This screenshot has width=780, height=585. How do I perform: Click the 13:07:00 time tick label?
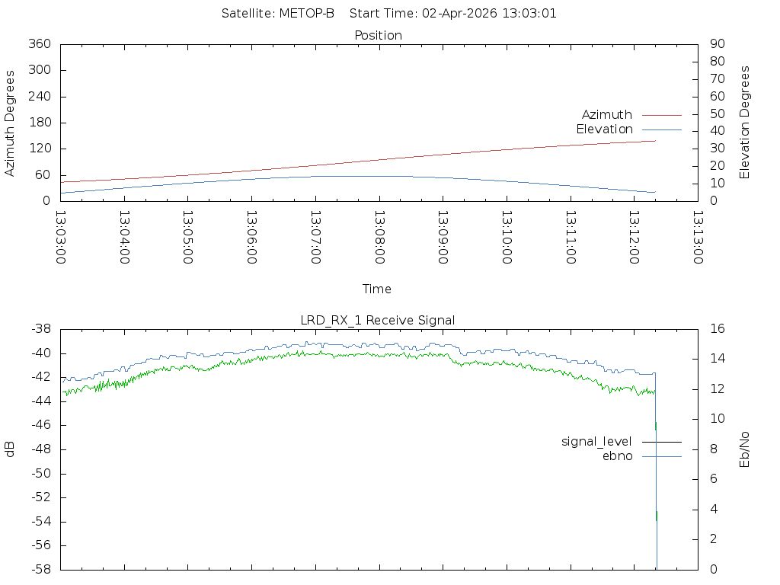tap(315, 238)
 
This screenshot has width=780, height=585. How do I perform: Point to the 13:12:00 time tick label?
tap(635, 238)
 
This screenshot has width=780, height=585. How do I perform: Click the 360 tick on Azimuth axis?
tap(40, 43)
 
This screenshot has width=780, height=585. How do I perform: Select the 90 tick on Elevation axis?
tap(718, 43)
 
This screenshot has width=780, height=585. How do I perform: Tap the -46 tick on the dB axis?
tap(41, 425)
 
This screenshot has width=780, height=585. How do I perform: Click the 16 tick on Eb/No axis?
tap(718, 328)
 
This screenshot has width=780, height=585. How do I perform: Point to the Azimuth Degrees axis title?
tap(9, 123)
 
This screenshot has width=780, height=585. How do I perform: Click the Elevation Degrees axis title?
tap(744, 123)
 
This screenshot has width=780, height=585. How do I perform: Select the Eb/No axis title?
tap(744, 449)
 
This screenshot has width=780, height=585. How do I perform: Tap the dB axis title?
tap(9, 449)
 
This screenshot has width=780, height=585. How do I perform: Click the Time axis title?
tap(376, 289)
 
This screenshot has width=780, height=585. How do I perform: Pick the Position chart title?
tap(378, 35)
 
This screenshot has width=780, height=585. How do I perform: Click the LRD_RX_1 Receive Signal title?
tap(378, 321)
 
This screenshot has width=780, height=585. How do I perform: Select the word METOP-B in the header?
tap(306, 14)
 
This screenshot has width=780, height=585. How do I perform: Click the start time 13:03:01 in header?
tap(529, 14)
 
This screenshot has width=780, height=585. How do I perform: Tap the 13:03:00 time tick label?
tap(61, 238)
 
